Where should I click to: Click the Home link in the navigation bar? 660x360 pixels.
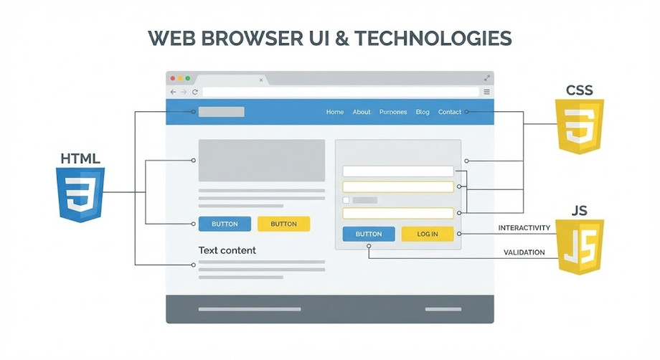(x=335, y=112)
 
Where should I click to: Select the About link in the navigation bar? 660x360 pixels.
(x=362, y=112)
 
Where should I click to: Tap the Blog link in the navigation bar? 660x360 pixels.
(x=423, y=112)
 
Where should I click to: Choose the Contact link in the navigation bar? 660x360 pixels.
(x=450, y=112)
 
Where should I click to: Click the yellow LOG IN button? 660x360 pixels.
(x=428, y=234)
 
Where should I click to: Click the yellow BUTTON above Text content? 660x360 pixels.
(x=283, y=224)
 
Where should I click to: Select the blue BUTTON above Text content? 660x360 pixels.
(x=225, y=224)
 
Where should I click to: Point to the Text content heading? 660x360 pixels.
(x=227, y=250)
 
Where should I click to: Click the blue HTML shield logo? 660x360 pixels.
(x=80, y=194)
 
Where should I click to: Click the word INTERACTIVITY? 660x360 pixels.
(x=524, y=228)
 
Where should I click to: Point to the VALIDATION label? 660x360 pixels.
(x=524, y=252)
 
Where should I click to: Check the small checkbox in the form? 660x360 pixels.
(x=346, y=200)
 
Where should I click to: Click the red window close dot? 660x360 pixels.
(x=172, y=78)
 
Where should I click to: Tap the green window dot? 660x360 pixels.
(x=188, y=78)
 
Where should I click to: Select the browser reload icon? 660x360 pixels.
(x=194, y=93)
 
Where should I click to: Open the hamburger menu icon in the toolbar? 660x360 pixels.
(x=487, y=92)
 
